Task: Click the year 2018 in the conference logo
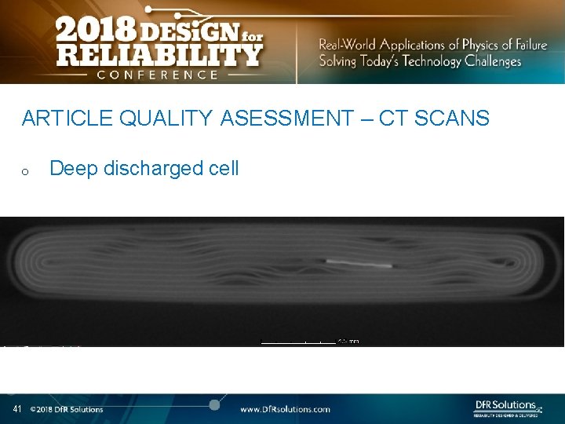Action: click(x=93, y=31)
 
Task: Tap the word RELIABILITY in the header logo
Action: click(x=159, y=55)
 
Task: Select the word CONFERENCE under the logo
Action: click(x=158, y=75)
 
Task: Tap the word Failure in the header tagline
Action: click(x=530, y=45)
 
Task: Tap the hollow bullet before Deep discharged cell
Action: click(x=26, y=170)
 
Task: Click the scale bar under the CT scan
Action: click(x=298, y=341)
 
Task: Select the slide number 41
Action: click(x=16, y=409)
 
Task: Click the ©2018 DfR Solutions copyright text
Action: click(x=67, y=409)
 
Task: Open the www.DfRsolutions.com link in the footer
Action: click(x=285, y=409)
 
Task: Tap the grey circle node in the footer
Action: click(x=213, y=404)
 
